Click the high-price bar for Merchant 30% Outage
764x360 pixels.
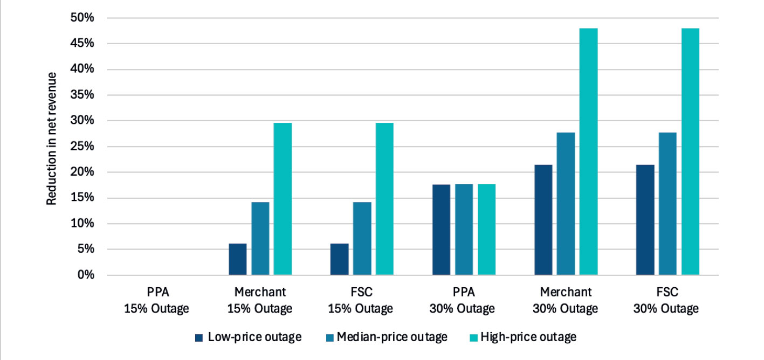click(x=588, y=151)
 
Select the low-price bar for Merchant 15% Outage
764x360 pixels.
click(x=238, y=259)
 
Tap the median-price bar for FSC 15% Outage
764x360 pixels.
click(x=362, y=239)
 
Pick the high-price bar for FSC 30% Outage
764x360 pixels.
click(x=690, y=151)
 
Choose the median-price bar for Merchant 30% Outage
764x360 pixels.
click(x=566, y=204)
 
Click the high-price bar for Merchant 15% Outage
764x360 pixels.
click(x=283, y=199)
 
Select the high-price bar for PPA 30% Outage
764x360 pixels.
click(x=487, y=230)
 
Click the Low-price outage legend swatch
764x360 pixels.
click(x=199, y=338)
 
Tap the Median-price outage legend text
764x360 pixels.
click(x=392, y=337)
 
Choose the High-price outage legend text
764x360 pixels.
click(x=528, y=337)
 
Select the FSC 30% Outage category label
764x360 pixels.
click(x=667, y=300)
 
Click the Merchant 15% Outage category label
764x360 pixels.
click(x=260, y=300)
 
